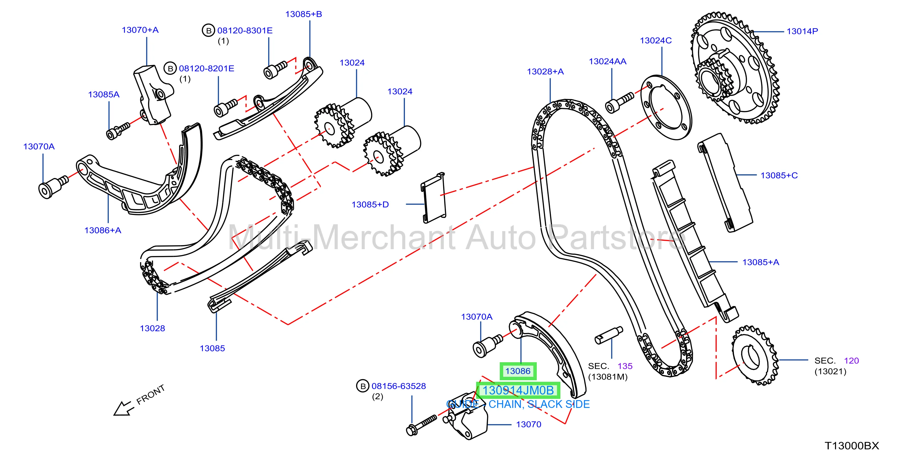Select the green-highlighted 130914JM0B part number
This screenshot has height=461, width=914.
coord(518,390)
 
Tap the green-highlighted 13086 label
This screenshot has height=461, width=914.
coord(518,371)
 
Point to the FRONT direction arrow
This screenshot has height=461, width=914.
coord(123,408)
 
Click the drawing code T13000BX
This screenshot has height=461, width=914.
coord(851,446)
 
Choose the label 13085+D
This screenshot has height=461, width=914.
coord(370,204)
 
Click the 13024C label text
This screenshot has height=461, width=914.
coord(656,40)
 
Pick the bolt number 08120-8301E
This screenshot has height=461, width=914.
coord(245,30)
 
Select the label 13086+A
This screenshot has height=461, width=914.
coord(103,230)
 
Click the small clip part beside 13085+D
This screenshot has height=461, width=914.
coord(433,198)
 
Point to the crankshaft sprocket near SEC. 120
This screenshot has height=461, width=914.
coord(755,355)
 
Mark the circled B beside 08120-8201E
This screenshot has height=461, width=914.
coord(170,68)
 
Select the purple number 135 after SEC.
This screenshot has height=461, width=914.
coord(625,366)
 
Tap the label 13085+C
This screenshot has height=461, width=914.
coord(779,176)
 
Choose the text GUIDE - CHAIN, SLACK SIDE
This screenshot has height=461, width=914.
coord(518,404)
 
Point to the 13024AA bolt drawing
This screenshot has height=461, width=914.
coord(619,103)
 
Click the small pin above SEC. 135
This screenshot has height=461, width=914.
coord(609,335)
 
